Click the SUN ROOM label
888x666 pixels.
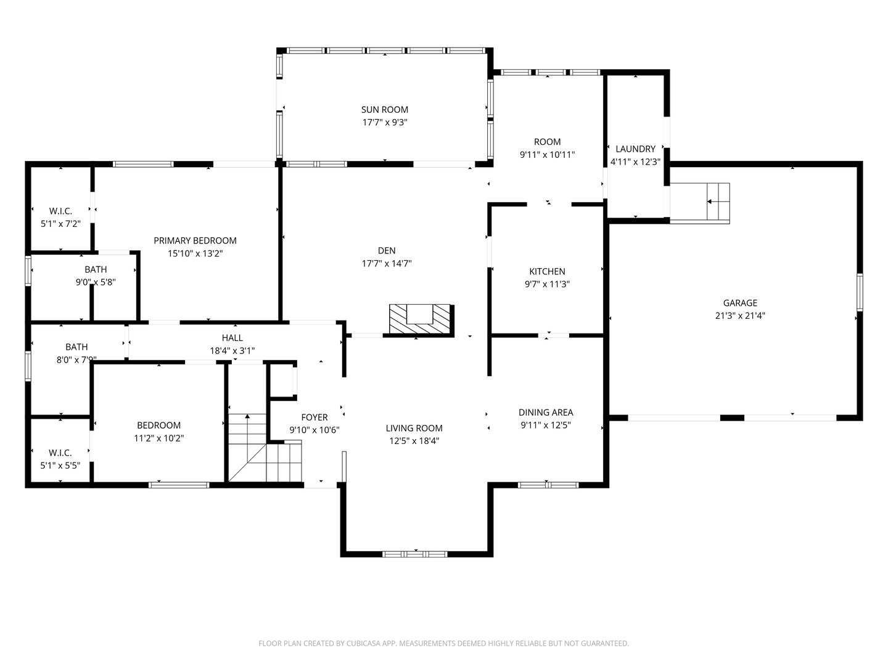385,110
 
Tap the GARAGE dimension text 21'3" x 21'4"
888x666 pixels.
739,316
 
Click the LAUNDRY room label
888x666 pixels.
635,149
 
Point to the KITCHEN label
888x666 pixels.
547,271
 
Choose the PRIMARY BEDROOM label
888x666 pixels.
195,240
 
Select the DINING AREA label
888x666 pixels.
546,413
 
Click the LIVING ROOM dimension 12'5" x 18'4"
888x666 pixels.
414,441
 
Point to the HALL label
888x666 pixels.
232,338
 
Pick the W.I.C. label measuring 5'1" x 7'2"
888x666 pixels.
60,211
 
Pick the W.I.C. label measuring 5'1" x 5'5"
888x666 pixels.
60,453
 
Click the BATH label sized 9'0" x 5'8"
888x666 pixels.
96,269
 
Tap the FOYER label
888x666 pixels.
314,417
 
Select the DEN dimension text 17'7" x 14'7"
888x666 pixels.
387,263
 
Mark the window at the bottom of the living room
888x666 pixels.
415,554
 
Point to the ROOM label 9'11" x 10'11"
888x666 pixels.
547,142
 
